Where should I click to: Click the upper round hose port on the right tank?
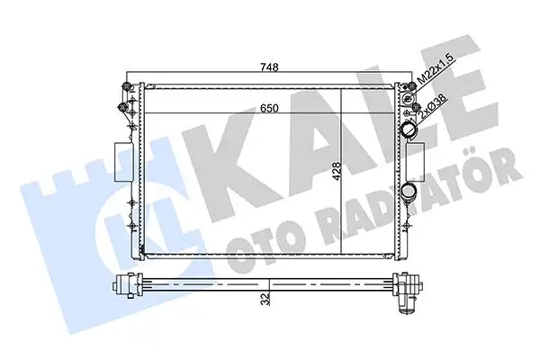[x=410, y=131]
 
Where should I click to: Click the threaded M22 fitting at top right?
[x=418, y=88]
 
